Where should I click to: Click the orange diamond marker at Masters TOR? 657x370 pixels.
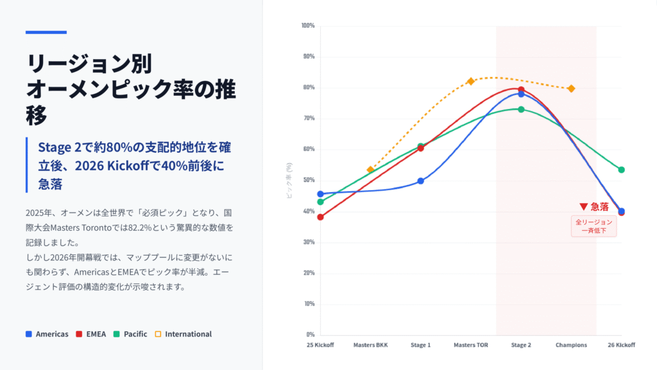[471, 81]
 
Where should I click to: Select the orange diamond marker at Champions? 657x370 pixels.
[571, 88]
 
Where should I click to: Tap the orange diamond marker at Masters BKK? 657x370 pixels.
[370, 170]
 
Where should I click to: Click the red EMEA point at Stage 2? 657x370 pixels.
[521, 90]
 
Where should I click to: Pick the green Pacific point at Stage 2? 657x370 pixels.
[521, 109]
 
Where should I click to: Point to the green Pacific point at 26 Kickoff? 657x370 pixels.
[621, 170]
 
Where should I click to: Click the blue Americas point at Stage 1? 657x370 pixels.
[421, 181]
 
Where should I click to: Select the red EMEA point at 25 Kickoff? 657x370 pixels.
[320, 216]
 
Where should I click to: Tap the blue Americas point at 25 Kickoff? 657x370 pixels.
[320, 194]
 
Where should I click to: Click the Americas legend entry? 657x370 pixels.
[47, 334]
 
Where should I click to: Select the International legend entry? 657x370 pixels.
[183, 334]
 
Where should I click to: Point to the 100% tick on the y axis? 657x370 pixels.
[307, 26]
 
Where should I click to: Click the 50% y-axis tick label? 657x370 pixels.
[308, 180]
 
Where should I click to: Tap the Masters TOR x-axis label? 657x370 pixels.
[471, 345]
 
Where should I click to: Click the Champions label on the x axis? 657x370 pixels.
[571, 345]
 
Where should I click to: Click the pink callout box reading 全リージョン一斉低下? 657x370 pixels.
[593, 226]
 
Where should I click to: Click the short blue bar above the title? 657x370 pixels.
[46, 32]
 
